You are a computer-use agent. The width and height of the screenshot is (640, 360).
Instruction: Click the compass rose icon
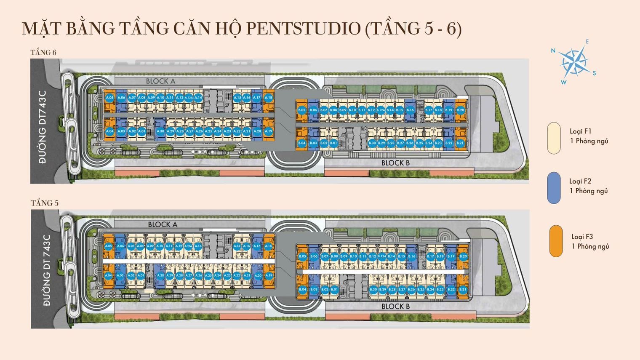coord(573,62)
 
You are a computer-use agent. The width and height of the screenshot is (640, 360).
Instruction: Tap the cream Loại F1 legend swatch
coord(554,138)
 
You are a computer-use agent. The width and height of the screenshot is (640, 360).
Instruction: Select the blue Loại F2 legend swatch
coord(554,188)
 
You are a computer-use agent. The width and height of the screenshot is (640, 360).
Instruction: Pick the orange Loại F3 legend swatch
coord(556,241)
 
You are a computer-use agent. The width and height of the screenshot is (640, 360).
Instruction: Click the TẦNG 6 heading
coord(43,52)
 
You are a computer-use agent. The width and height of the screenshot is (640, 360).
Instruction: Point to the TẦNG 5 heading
coord(44,203)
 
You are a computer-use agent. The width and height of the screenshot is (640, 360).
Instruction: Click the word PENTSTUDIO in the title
coord(303,29)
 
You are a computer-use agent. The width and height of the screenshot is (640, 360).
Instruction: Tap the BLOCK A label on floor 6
coord(160,81)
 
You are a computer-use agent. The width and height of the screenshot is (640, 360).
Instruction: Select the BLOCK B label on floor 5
coord(395,307)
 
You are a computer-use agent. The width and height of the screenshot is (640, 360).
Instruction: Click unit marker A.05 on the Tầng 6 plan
coord(109,98)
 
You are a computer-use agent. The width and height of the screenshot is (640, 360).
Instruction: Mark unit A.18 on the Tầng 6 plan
coord(268,98)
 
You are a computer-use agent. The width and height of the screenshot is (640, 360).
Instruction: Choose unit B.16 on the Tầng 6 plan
coord(410,110)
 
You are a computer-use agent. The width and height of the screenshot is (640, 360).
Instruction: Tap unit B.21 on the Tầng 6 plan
coord(460,143)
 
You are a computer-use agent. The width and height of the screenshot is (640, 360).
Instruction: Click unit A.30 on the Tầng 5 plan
coord(160,275)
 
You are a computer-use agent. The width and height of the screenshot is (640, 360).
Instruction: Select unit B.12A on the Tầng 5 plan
coord(382,256)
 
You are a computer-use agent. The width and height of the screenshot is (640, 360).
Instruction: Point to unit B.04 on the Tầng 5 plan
coord(302,289)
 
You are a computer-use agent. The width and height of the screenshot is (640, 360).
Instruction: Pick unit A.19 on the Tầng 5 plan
coord(269,275)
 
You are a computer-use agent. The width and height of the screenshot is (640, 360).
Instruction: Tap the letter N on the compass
coord(553,51)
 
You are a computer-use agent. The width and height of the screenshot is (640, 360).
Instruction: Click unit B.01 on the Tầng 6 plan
coord(333,143)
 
